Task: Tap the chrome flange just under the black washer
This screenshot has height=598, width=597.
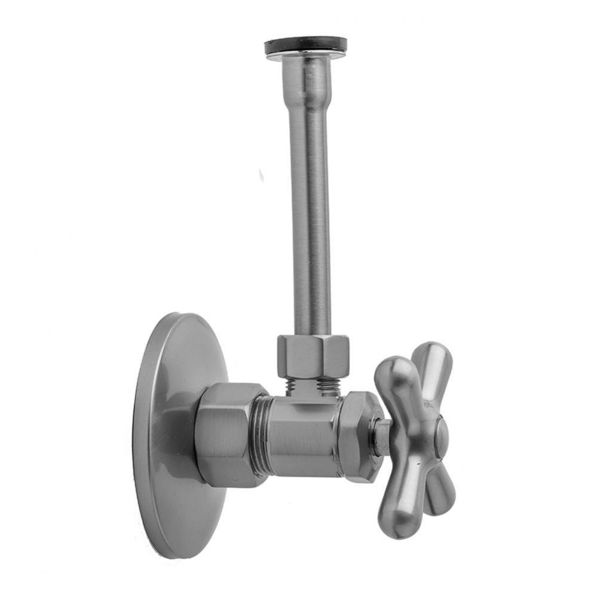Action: click(x=305, y=55)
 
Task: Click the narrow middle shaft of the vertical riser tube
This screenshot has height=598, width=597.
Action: click(x=310, y=209)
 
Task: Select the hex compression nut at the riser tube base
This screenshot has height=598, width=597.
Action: click(x=313, y=356)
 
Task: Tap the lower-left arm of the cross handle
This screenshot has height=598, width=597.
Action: click(x=397, y=502)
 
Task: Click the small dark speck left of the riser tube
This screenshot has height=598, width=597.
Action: click(x=261, y=175)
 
